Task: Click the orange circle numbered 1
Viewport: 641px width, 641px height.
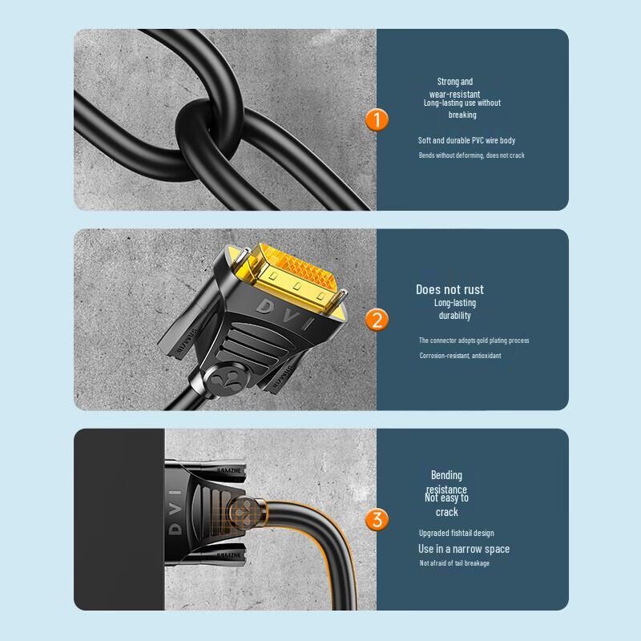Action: [376, 120]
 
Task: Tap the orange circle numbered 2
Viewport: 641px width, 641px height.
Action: [376, 320]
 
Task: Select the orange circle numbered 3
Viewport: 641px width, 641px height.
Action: [376, 519]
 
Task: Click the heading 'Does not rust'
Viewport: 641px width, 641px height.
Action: [450, 289]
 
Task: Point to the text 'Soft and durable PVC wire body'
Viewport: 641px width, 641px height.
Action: [466, 140]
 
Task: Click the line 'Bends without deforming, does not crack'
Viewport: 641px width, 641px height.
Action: [471, 155]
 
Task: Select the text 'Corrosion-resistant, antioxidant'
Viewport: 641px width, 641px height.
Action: [460, 355]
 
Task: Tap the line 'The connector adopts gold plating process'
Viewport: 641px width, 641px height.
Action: [474, 341]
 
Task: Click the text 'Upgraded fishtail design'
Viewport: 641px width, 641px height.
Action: [456, 533]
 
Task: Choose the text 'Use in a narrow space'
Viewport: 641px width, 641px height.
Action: [463, 549]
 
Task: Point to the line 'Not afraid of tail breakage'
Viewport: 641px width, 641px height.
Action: [454, 563]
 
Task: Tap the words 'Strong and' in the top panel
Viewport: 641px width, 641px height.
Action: [454, 82]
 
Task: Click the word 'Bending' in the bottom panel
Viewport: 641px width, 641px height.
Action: [446, 475]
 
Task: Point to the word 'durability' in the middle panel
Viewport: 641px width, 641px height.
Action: [454, 316]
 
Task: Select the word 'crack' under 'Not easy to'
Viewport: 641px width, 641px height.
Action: [446, 512]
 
